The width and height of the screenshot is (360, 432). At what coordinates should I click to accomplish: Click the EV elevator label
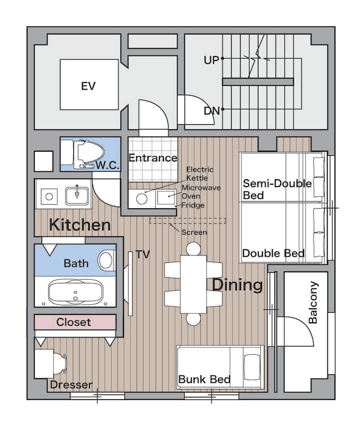pos(88,86)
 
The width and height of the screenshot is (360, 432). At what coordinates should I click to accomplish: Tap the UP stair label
pos(211,60)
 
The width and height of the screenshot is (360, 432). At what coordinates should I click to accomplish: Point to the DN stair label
pos(211,111)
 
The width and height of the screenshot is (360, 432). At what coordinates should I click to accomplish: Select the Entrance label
pos(153,158)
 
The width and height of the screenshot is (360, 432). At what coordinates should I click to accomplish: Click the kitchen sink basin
pos(77,196)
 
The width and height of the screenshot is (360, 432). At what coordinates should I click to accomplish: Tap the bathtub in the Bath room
pos(75,293)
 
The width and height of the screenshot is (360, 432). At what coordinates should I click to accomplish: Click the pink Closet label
pos(73,322)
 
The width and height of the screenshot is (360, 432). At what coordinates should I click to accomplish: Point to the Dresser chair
pos(60,364)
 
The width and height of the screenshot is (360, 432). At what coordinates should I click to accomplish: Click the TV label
pos(143,255)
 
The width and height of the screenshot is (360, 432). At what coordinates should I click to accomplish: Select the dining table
pos(193,284)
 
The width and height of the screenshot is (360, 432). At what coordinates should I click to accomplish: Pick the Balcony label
pos(313,302)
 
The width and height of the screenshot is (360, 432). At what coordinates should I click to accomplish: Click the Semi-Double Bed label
pos(277,189)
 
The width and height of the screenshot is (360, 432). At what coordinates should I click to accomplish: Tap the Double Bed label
pos(273,253)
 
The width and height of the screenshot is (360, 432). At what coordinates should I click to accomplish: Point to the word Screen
pos(194,232)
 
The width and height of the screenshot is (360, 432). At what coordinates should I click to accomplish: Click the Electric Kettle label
pos(200,174)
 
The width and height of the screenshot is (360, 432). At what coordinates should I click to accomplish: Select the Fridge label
pos(193,205)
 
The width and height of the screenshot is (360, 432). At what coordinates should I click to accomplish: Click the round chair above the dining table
pos(193,249)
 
